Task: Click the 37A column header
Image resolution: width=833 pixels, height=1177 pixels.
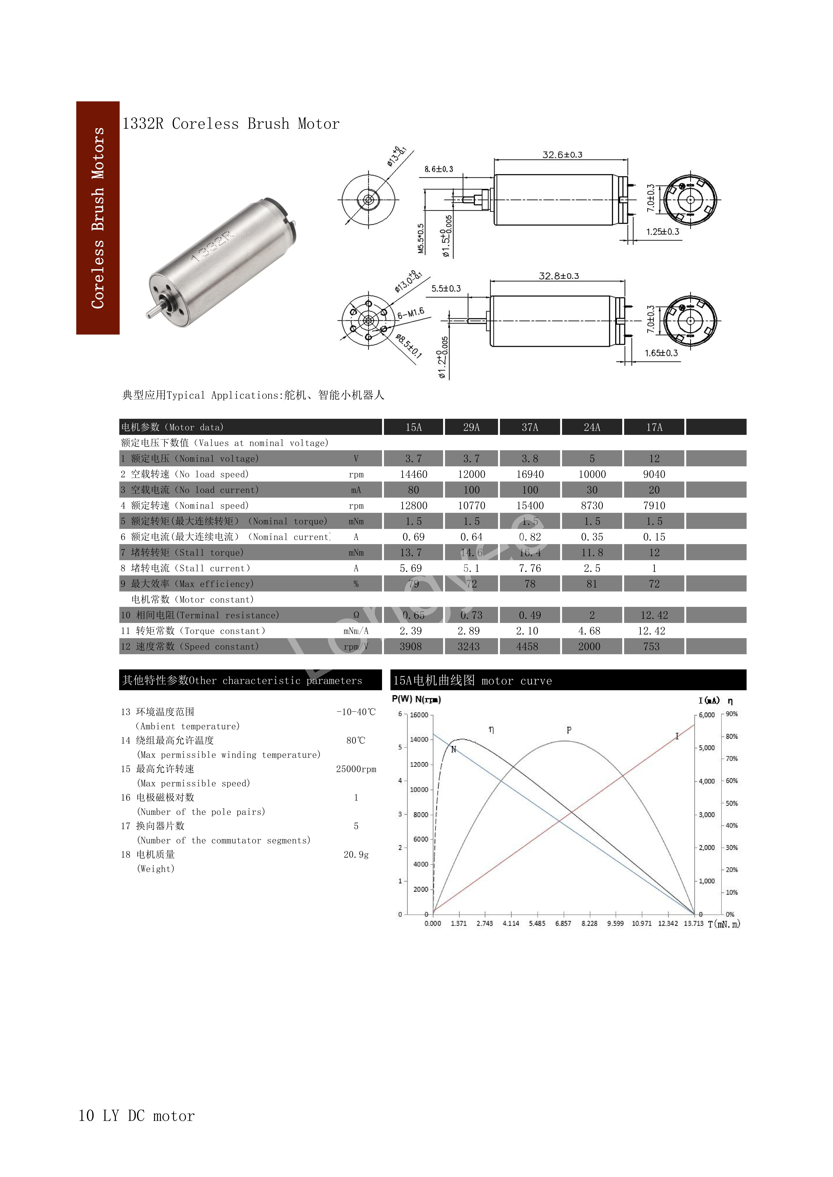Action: [530, 427]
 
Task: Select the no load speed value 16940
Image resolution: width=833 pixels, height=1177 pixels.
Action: [530, 474]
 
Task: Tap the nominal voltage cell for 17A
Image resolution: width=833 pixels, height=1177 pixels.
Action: [654, 458]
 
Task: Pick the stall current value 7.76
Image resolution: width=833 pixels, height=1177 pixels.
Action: [530, 568]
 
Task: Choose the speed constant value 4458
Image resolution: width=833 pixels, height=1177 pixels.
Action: [527, 646]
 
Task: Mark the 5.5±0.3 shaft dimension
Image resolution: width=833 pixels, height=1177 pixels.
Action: [446, 289]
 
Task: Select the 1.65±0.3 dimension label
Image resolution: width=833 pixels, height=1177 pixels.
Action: [661, 353]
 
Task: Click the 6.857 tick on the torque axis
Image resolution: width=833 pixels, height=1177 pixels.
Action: [563, 923]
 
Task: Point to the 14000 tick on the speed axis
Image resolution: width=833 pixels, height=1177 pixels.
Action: [419, 739]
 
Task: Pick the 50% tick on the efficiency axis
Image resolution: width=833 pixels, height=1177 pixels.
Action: [731, 803]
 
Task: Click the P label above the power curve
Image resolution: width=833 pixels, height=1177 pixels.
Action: [569, 730]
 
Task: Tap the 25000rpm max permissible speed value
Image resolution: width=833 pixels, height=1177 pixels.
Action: [356, 769]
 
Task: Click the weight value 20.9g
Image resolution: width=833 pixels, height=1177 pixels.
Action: [356, 855]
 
